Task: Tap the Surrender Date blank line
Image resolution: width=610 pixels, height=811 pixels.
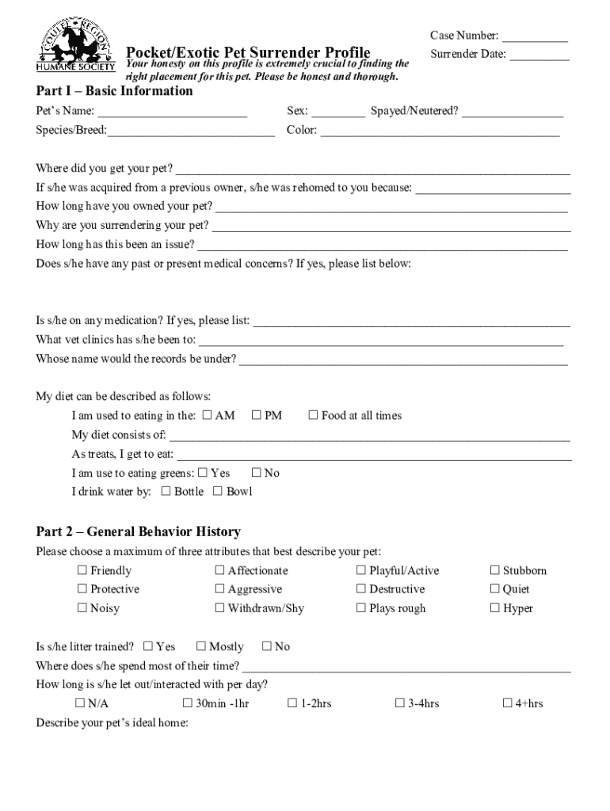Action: pos(539,58)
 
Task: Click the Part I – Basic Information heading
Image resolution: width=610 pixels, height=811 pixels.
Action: pos(115,91)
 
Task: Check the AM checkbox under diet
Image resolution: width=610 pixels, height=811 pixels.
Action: pos(208,415)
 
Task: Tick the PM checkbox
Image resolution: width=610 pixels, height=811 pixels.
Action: pos(257,415)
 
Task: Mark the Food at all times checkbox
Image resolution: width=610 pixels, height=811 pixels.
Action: pos(313,415)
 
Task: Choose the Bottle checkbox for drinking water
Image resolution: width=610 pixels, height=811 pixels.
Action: pos(166,491)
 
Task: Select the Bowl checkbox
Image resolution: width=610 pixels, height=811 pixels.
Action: pos(218,491)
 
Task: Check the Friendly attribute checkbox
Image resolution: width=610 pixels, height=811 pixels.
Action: pos(82,570)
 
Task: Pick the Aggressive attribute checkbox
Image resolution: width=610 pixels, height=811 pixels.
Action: pos(219,589)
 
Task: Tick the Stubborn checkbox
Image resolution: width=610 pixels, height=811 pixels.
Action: pos(495,570)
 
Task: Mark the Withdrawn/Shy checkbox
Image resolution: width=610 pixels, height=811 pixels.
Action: pos(219,608)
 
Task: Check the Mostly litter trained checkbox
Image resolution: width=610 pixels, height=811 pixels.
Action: pos(201,646)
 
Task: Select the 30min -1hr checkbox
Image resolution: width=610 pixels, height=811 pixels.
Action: pos(188,703)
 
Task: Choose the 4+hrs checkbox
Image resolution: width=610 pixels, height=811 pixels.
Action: pos(509,703)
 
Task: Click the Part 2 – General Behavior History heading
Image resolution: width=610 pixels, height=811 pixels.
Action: pos(139,531)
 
